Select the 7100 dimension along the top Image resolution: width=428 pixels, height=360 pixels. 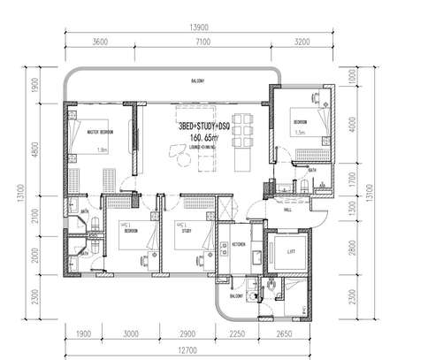(201, 42)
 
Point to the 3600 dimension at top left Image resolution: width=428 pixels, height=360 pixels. (100, 42)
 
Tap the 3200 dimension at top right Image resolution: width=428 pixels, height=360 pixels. (302, 42)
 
